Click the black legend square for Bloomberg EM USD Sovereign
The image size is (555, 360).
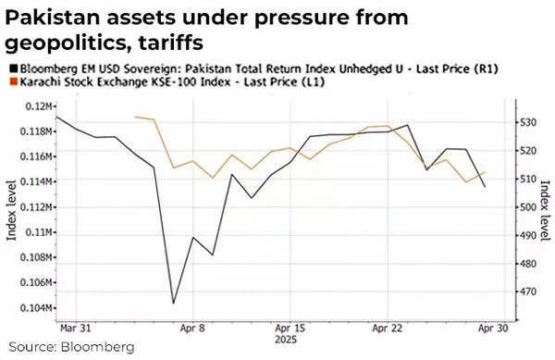(10, 69)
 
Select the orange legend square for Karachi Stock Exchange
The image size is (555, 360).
(10, 82)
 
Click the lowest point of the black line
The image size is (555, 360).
(173, 303)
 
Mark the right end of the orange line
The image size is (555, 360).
(485, 172)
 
